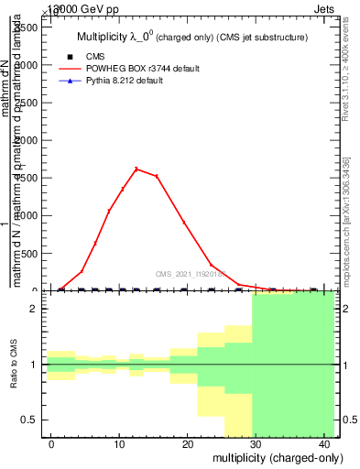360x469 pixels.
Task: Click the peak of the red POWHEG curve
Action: pos(136,169)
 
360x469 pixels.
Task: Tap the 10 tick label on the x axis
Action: pos(118,444)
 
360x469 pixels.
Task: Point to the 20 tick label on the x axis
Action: pos(187,444)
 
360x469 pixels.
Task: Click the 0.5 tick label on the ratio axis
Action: pos(31,420)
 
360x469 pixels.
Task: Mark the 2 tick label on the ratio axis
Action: pos(36,310)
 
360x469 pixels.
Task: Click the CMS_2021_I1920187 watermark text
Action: pos(191,273)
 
